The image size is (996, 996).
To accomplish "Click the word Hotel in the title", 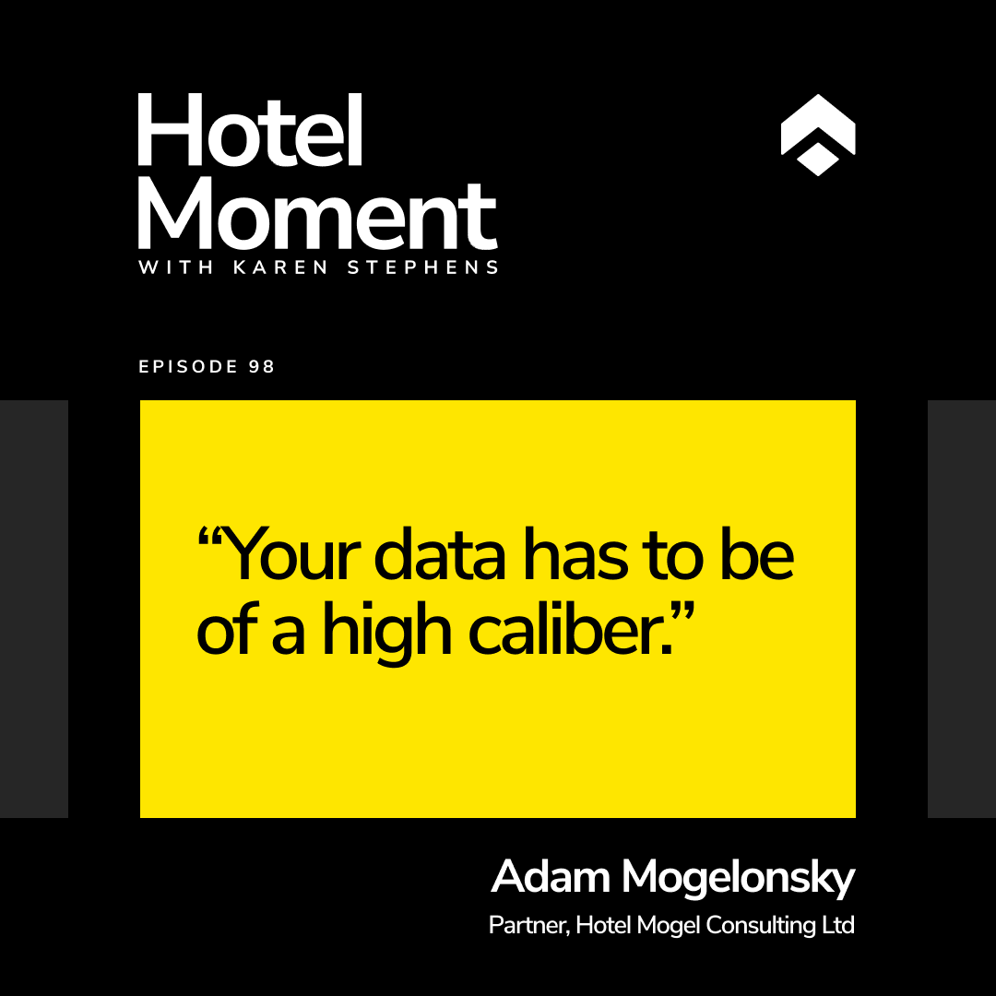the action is (250, 130).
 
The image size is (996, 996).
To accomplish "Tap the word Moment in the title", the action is (317, 216).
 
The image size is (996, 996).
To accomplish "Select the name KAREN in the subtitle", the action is (280, 267).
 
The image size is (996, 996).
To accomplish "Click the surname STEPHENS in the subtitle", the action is (422, 267).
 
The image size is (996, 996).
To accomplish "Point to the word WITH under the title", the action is (176, 267).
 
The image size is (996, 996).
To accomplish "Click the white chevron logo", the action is (817, 135).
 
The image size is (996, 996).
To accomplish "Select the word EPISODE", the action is (188, 366).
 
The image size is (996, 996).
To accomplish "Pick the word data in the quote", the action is (440, 554).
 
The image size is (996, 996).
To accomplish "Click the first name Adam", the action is (551, 876).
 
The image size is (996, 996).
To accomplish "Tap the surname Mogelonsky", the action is (738, 879).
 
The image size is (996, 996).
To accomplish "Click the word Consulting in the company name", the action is (761, 926).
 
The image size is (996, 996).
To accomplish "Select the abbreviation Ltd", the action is (838, 925).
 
